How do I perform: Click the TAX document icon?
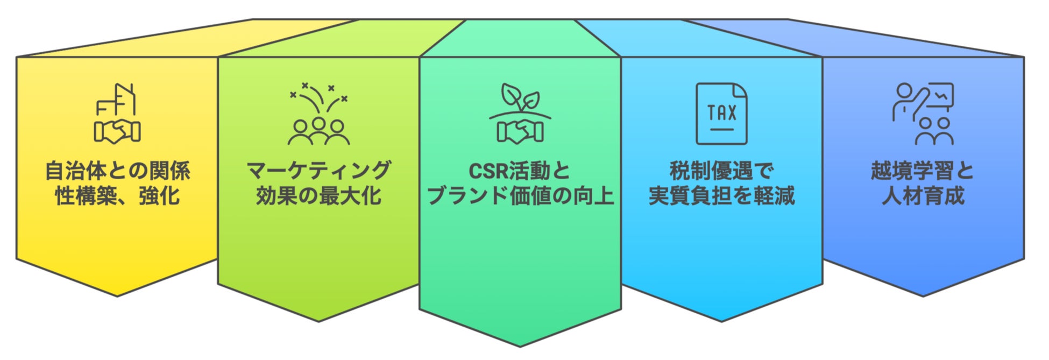coord(721,114)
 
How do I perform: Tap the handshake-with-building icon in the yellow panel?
coord(117,114)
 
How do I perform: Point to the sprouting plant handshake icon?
coord(520,114)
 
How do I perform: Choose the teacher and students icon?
coord(923,114)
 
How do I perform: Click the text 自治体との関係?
coord(117,171)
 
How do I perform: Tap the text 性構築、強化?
coord(117,196)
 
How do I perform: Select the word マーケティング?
coord(318,171)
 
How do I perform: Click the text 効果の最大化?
coord(318,196)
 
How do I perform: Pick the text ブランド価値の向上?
coord(520,196)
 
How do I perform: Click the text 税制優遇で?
coord(721,171)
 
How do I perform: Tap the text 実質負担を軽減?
coord(721,196)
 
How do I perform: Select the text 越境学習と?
coord(923,171)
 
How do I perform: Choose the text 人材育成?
coord(923,196)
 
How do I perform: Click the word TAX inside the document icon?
coord(721,112)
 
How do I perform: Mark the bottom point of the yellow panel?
coord(117,295)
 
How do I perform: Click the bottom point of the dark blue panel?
coord(923,295)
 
